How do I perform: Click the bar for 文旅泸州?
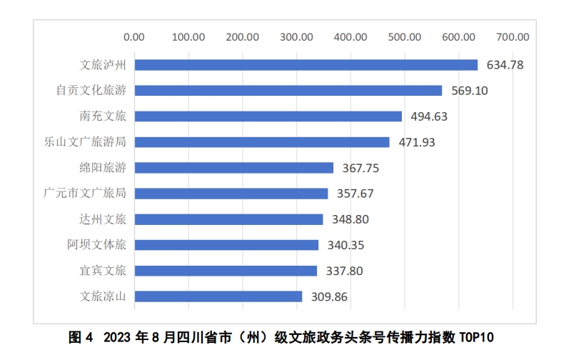click(x=305, y=65)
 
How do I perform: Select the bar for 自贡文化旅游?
click(x=288, y=91)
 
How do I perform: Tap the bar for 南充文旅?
click(x=268, y=116)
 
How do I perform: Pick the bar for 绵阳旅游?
click(x=233, y=168)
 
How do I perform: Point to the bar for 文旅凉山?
click(x=218, y=296)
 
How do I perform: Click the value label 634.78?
click(x=505, y=65)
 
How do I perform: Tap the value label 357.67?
click(x=355, y=194)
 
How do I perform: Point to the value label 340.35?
click(x=345, y=245)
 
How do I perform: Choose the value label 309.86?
click(x=329, y=296)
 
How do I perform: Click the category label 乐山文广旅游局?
click(x=85, y=142)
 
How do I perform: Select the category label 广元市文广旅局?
click(x=85, y=194)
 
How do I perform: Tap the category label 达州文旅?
click(x=103, y=219)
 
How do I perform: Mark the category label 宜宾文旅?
click(x=103, y=271)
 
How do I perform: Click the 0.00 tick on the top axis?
click(x=133, y=37)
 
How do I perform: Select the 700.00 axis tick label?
click(x=512, y=37)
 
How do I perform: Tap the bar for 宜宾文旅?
click(x=226, y=271)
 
